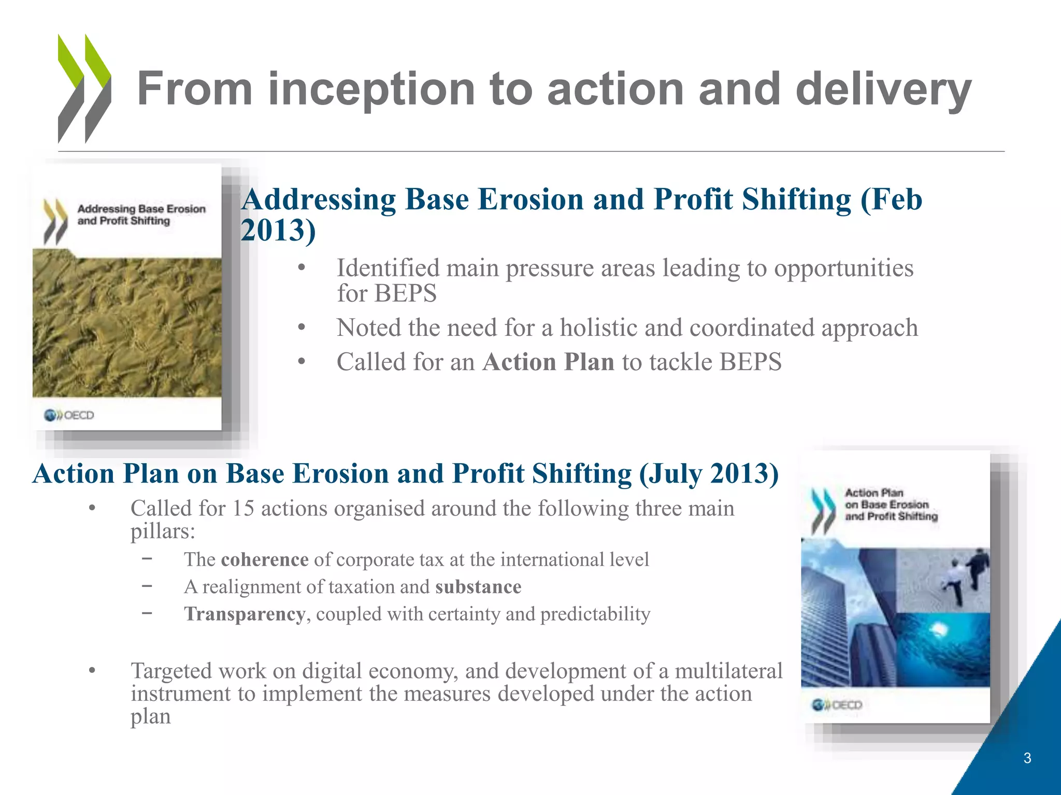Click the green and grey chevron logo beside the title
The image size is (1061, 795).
tap(84, 89)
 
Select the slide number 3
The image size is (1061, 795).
tap(1027, 758)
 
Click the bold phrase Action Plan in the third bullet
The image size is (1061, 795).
tap(548, 362)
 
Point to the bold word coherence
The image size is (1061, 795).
tap(264, 560)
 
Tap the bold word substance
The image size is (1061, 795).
tap(478, 587)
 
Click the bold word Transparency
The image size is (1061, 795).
tap(245, 614)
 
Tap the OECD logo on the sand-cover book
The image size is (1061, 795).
tap(69, 415)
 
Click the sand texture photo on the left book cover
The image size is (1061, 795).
tap(127, 326)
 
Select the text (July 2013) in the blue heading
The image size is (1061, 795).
tap(709, 474)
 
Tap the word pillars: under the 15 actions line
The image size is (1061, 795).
tap(163, 532)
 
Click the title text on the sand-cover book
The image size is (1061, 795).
tap(141, 215)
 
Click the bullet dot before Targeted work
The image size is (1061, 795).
tap(92, 671)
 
